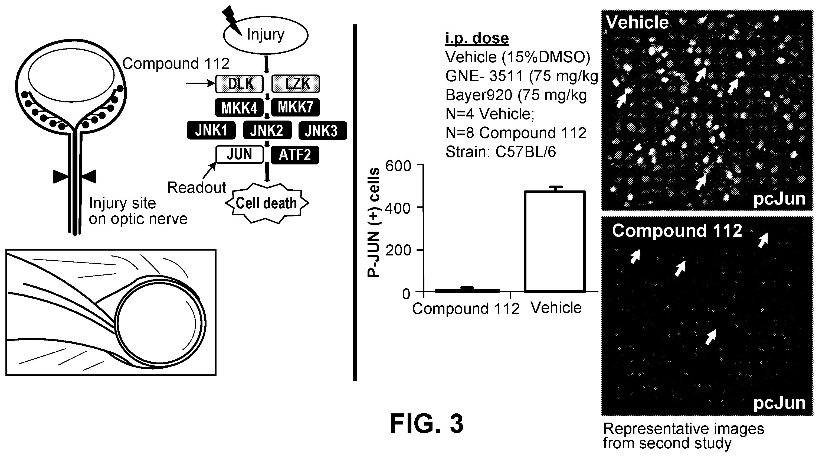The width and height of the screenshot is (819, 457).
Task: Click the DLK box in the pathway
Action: click(240, 84)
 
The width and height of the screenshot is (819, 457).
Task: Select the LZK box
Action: click(296, 84)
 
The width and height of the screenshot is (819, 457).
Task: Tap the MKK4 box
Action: click(240, 108)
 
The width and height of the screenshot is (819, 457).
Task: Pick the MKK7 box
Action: click(296, 108)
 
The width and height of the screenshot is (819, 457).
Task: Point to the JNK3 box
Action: click(323, 131)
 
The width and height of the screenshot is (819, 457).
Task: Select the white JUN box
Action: click(240, 154)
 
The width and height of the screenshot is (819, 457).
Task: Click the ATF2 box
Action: click(295, 155)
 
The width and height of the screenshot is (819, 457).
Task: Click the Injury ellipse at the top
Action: click(266, 35)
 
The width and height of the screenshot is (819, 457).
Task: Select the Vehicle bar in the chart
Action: click(555, 241)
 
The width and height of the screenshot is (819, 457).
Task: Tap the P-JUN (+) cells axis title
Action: click(373, 222)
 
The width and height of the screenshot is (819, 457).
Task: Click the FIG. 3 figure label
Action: click(427, 424)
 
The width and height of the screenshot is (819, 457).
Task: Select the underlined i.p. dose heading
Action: click(477, 38)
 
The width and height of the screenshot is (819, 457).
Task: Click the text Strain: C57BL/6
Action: click(501, 152)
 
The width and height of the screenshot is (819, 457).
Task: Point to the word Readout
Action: click(196, 187)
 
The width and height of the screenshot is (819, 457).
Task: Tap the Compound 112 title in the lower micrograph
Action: click(677, 231)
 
